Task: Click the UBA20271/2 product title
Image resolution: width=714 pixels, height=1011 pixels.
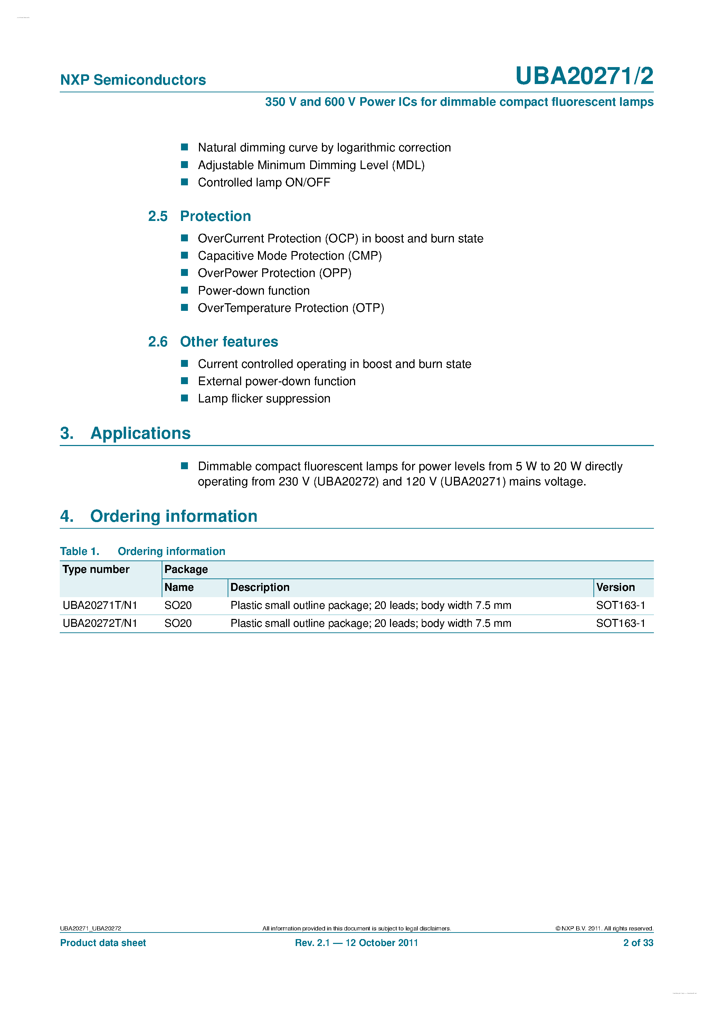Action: click(584, 76)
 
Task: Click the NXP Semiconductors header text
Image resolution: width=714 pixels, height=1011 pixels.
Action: click(133, 80)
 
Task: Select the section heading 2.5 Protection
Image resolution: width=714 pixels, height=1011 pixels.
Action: click(199, 216)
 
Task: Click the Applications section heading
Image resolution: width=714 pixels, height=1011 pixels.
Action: click(140, 433)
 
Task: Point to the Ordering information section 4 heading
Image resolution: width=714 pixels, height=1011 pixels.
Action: click(173, 516)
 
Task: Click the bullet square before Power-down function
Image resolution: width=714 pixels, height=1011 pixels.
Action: click(185, 290)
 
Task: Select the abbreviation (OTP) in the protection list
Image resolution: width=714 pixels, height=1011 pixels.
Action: click(368, 308)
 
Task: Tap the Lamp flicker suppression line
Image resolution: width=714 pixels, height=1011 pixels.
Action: click(264, 399)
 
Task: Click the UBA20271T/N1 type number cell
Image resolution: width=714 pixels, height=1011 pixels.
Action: click(100, 605)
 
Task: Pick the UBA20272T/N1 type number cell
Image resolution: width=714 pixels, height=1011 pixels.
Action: click(100, 623)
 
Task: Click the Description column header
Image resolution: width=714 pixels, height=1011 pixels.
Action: click(259, 587)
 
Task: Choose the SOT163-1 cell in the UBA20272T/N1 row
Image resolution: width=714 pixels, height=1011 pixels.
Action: click(620, 623)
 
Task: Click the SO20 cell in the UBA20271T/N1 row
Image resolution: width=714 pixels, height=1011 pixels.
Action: click(178, 605)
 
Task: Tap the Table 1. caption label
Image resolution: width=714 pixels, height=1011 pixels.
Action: click(80, 551)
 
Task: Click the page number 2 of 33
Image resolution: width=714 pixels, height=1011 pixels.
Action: click(638, 943)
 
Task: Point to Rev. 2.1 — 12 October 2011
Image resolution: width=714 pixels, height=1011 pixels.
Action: click(356, 943)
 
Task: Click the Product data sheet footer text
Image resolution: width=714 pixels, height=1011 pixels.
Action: click(103, 943)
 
